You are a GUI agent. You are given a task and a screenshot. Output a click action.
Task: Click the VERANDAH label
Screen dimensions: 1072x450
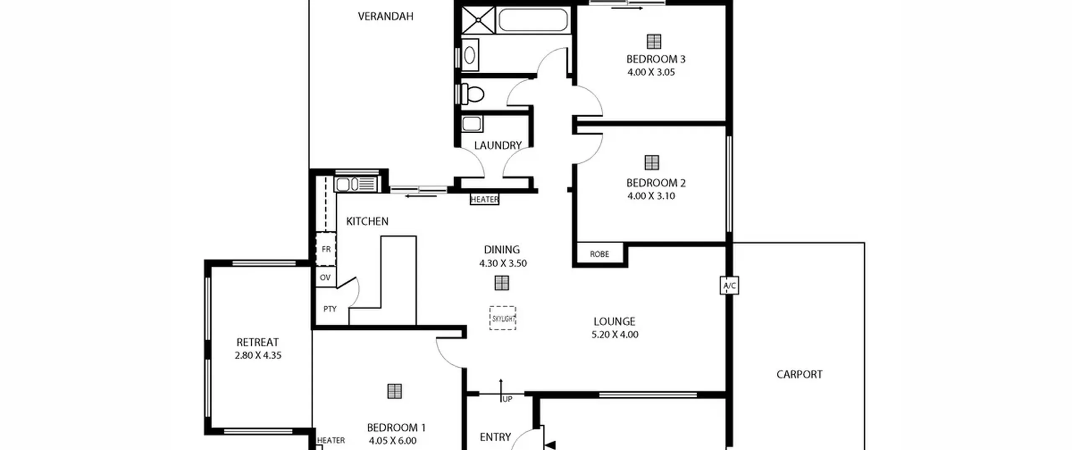(x=386, y=16)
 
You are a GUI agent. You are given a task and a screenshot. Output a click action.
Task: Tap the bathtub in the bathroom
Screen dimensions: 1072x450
(x=533, y=20)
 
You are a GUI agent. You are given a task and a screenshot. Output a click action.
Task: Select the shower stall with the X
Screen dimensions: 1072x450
(x=478, y=19)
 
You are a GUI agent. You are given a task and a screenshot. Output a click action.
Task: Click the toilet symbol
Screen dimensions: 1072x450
(x=472, y=94)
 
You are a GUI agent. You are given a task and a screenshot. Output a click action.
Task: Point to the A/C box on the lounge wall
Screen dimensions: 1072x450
(x=729, y=285)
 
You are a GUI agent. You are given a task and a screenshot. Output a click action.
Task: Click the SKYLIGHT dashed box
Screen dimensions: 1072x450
(x=502, y=318)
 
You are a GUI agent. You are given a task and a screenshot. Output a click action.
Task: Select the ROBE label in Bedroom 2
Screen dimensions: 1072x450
(x=599, y=254)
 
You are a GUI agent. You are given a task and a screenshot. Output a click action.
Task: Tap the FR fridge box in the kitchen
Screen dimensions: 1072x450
(x=326, y=249)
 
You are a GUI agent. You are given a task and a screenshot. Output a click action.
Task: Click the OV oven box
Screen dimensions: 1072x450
(x=325, y=277)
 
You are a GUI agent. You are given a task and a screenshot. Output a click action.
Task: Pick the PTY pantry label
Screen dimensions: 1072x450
(x=330, y=309)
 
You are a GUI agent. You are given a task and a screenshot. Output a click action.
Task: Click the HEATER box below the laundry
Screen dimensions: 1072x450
(x=484, y=200)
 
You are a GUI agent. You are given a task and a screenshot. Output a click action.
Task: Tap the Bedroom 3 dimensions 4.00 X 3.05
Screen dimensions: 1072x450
(x=651, y=72)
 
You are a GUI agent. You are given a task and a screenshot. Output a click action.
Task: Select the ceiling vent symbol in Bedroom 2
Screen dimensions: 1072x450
(x=652, y=162)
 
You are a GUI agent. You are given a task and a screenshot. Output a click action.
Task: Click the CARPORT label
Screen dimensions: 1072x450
(x=799, y=374)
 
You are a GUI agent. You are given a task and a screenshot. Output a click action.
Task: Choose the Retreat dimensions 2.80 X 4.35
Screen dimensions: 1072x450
(x=258, y=355)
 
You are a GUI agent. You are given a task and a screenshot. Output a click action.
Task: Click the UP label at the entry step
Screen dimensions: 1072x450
(x=507, y=399)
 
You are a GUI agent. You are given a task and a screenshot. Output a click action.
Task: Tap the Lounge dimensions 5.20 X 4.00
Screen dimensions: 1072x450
(x=615, y=334)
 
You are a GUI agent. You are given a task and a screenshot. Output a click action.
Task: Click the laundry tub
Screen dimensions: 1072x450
(x=472, y=124)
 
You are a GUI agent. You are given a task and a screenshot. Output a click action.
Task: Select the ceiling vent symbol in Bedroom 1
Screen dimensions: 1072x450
(x=394, y=391)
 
